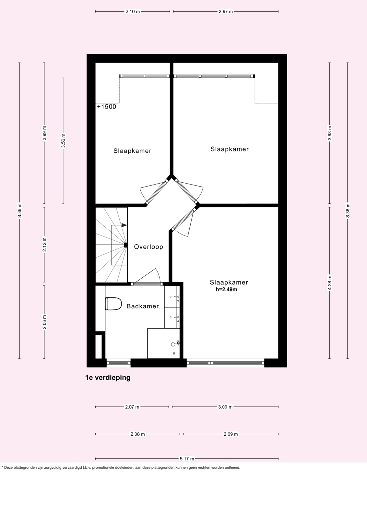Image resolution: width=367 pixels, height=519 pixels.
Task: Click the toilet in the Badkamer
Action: coord(113,304)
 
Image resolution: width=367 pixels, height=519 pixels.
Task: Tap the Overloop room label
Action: coord(149,247)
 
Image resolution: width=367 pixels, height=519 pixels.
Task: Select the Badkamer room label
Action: coord(143,306)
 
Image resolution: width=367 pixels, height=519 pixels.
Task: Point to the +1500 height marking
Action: coord(107,107)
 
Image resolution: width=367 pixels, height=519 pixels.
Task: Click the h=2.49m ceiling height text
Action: coord(226,289)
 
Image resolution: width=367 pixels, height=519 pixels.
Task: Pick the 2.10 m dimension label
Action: coord(133,11)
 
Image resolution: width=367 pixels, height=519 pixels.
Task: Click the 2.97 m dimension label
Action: coord(226,11)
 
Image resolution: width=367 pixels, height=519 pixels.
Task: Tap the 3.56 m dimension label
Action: coord(63,141)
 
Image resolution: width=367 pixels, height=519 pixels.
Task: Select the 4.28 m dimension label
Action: coord(329,283)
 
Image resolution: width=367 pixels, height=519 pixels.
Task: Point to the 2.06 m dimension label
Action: coord(44,322)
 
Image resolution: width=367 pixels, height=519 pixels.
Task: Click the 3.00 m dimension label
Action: coord(225,407)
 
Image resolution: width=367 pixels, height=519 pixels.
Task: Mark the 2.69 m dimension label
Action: coord(231,434)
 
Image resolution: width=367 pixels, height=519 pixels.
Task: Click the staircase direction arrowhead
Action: coord(124,225)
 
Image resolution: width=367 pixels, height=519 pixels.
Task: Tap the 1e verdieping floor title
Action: coord(108,378)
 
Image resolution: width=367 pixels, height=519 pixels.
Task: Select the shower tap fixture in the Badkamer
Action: coord(175,344)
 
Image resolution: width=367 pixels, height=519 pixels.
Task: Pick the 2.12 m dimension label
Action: coord(44,245)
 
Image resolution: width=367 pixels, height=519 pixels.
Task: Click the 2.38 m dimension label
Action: coord(137,434)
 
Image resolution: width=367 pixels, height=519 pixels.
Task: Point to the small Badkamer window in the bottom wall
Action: coord(119,363)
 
